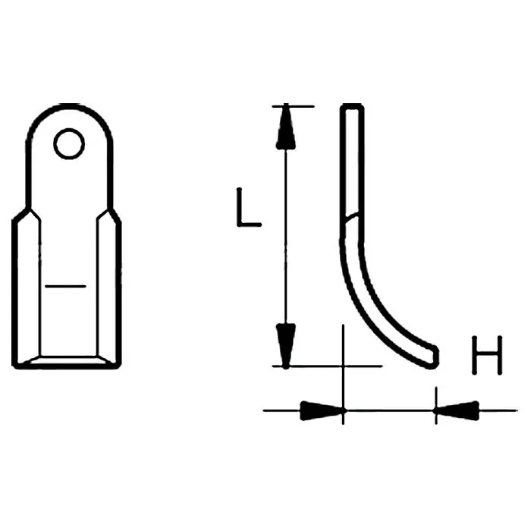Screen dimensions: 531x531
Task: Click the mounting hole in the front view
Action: (69, 144)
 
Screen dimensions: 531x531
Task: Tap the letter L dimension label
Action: (249, 207)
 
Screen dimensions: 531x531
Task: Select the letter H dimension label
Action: (487, 355)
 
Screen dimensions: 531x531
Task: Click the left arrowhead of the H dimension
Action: (322, 411)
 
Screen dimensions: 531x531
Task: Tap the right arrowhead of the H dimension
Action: (457, 411)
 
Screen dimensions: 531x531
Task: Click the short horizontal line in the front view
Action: (65, 287)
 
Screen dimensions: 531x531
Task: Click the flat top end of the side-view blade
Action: (352, 106)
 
